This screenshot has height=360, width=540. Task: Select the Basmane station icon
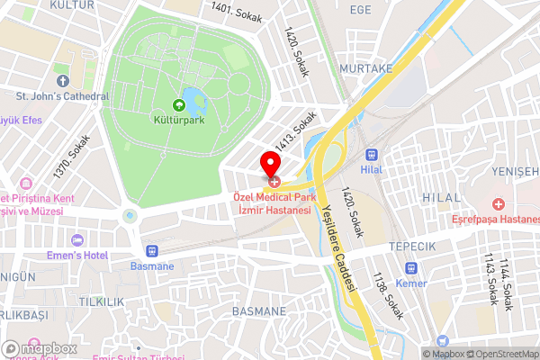[x=152, y=250]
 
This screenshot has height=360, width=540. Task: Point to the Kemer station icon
[x=411, y=267]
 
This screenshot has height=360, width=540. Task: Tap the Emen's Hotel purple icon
[x=77, y=240]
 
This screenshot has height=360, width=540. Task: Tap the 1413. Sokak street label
[x=296, y=131]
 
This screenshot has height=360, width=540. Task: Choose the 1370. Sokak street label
[x=72, y=156]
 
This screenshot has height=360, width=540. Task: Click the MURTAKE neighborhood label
[x=366, y=67]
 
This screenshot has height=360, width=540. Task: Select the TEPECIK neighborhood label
[x=411, y=247]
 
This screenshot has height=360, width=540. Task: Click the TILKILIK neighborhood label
[x=101, y=301]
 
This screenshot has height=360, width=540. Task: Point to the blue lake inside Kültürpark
[x=194, y=101]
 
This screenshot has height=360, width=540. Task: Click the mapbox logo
[x=40, y=348]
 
